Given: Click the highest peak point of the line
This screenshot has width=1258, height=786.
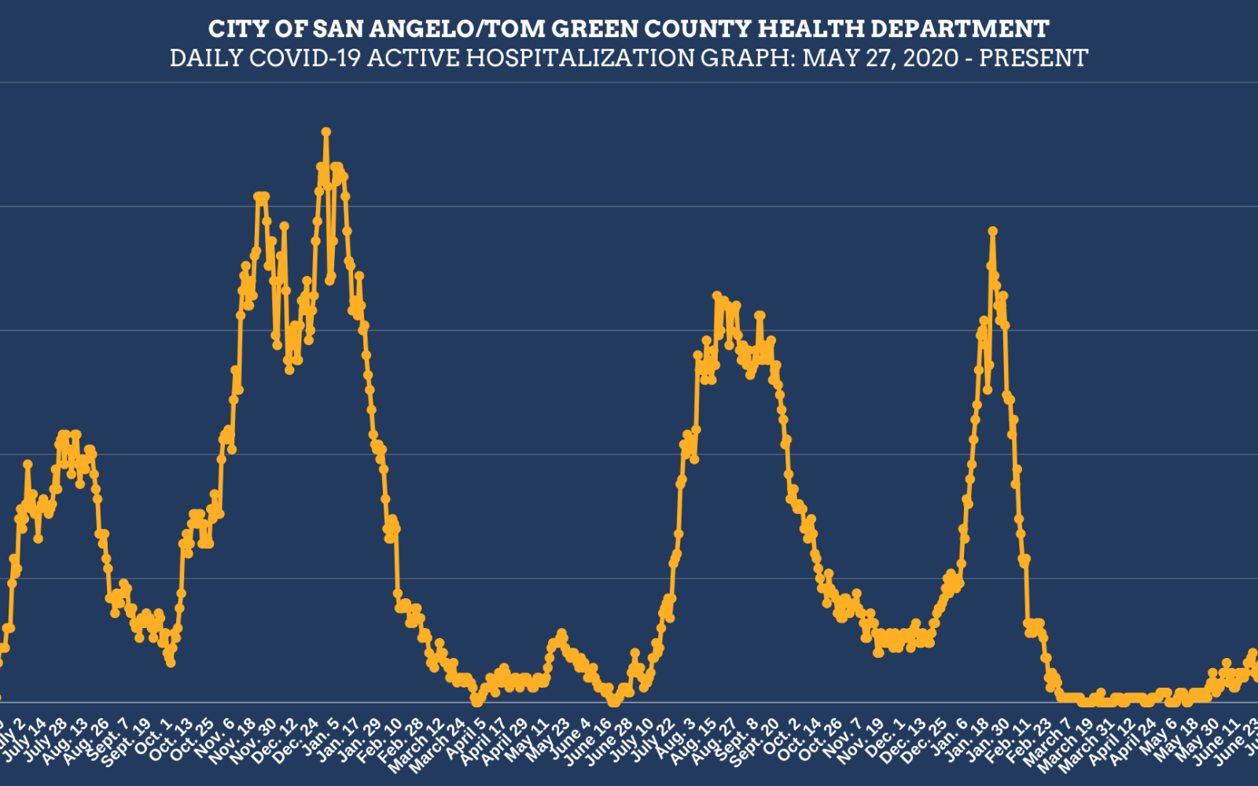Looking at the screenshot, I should [x=326, y=132].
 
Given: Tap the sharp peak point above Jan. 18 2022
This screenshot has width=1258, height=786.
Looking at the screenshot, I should [x=993, y=231].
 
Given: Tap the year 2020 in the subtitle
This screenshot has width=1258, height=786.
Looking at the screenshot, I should [x=930, y=58].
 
